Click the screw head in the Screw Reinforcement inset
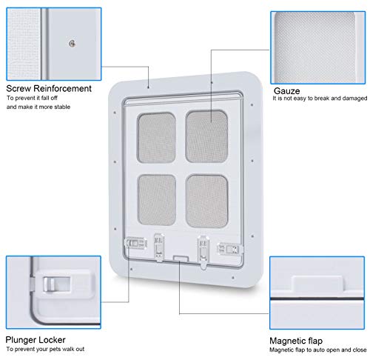72,44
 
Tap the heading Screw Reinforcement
49,88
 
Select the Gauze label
287,91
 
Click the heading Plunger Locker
36,340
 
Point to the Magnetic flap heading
296,341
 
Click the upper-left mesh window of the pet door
156,138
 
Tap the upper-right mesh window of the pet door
206,136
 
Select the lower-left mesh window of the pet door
157,200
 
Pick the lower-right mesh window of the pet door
206,201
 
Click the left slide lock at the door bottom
136,244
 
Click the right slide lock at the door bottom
230,249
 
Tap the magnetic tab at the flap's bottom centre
181,259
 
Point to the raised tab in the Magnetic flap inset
317,284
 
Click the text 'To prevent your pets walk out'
45,349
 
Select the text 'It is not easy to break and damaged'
320,99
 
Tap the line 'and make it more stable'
38,107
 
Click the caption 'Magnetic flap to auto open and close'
318,350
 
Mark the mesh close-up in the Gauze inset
315,47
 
